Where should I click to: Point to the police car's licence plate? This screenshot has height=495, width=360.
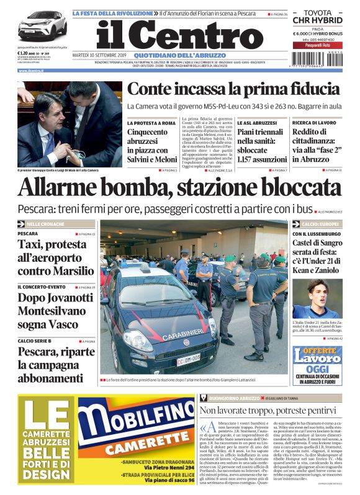tap(189, 358)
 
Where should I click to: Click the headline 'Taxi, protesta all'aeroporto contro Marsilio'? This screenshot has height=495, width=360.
tap(56, 257)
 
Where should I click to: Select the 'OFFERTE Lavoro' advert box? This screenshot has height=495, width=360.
tap(318, 365)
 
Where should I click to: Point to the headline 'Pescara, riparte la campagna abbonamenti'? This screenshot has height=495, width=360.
tap(56, 365)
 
